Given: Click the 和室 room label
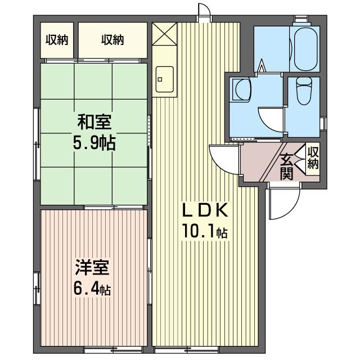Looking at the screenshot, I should pos(94,121).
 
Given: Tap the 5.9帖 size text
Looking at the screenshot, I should pos(94,143).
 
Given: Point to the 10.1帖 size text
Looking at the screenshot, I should pos(204,232).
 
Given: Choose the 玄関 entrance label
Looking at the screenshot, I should pos(287,166).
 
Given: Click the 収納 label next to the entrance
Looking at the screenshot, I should pos(313,158).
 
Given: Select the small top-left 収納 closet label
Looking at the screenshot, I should pos(57,39).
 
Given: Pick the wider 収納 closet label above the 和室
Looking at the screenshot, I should pos(112,39).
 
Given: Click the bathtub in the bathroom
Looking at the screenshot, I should pos(307,47).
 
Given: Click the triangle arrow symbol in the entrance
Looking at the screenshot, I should pos(300,164).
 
